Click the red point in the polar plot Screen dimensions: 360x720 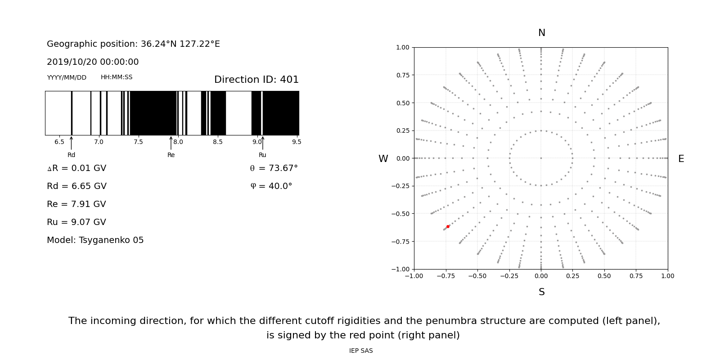[448, 226]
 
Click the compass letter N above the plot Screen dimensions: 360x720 [541, 33]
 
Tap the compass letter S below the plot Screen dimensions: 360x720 [541, 292]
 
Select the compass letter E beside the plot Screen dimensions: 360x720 [681, 159]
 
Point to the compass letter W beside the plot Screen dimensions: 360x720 [383, 159]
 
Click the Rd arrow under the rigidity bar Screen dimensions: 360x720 [71, 143]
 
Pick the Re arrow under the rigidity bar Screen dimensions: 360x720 [171, 143]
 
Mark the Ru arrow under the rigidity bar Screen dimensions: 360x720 [262, 143]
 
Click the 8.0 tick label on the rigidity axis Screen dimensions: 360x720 [178, 142]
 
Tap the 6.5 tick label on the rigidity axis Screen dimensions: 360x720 [59, 142]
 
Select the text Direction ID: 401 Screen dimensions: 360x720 [256, 80]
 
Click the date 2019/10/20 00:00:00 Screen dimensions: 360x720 [93, 62]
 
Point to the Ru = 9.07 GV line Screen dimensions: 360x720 [76, 222]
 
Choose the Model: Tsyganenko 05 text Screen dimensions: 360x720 [95, 240]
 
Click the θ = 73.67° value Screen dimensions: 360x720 [274, 168]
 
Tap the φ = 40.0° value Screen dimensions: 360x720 [271, 186]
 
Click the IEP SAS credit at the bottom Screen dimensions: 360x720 [361, 351]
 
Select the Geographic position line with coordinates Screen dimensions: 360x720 [133, 44]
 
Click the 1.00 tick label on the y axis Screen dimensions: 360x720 [402, 47]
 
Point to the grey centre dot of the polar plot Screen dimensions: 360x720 [541, 158]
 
